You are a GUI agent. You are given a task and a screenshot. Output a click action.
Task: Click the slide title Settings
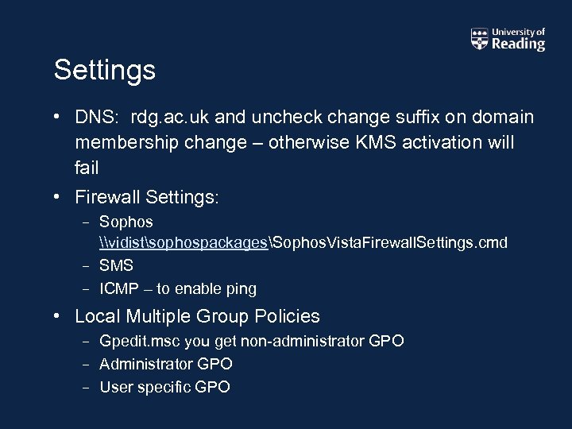coord(104,71)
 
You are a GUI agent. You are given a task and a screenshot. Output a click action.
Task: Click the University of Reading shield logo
coord(479,39)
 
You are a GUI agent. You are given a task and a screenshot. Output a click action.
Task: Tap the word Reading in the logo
coord(518,44)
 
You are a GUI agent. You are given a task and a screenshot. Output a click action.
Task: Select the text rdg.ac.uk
coord(169,118)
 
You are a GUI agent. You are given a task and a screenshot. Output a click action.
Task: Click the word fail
coord(87,168)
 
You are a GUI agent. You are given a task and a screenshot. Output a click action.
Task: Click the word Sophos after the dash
coord(126,222)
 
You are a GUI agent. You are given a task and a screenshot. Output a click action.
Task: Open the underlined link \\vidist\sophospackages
coord(184,242)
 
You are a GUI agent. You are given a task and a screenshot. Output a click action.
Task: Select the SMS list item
coord(116,265)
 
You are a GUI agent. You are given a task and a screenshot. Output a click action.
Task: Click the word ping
coord(240,289)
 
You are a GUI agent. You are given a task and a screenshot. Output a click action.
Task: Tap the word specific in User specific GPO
coord(161,388)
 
